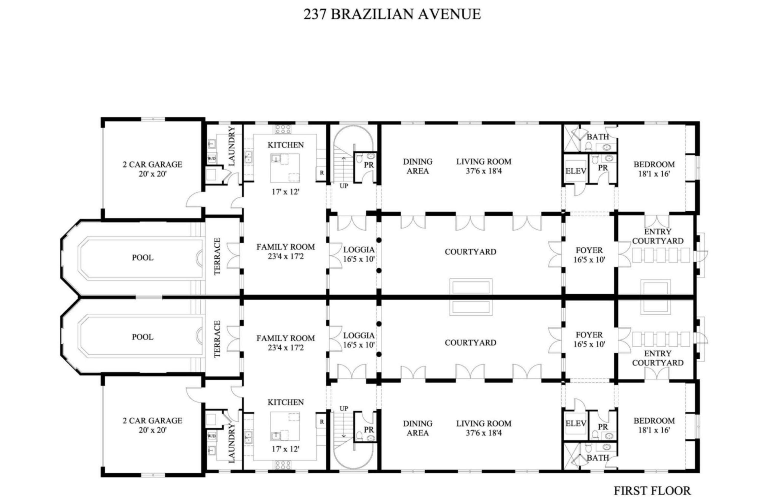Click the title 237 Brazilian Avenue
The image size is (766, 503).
point(392,15)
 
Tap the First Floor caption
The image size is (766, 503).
point(652,490)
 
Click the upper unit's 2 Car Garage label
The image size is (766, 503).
point(152,164)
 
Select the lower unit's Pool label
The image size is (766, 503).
point(142,337)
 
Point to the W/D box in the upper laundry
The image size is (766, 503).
point(211,158)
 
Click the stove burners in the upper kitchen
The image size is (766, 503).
point(283,129)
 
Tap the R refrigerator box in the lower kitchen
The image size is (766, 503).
point(321,421)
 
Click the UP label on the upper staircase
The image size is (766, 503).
point(344,186)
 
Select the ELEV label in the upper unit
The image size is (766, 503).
point(576,171)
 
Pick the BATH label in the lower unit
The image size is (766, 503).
point(598,458)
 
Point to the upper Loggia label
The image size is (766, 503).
point(358,250)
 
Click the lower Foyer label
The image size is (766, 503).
point(589,335)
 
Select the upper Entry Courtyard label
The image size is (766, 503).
point(657,236)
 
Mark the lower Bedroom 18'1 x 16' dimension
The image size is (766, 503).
point(654,430)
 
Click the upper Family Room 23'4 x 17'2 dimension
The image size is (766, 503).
point(285,257)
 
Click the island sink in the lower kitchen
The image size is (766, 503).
point(276,436)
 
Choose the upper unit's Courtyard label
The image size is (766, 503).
point(470,252)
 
